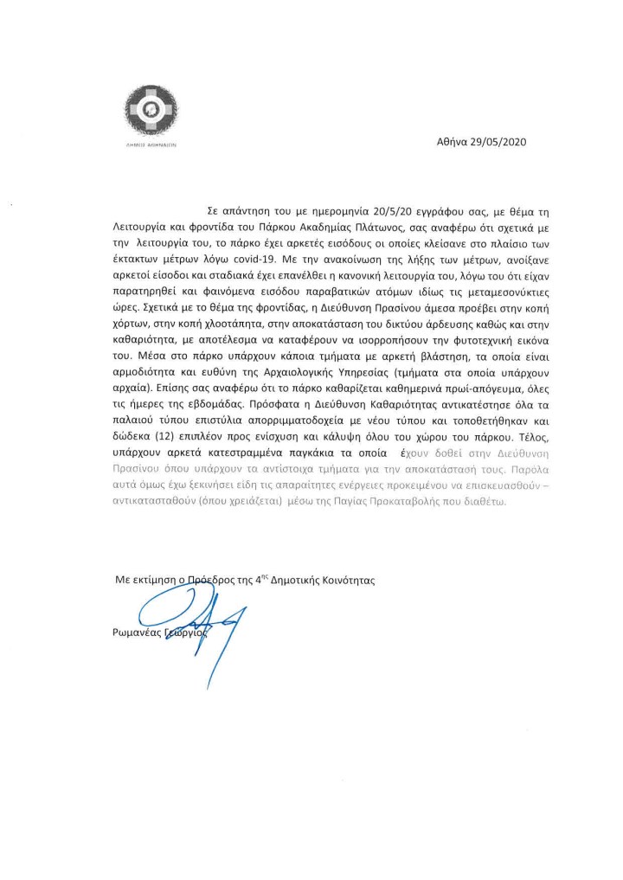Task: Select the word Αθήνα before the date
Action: point(453,140)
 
